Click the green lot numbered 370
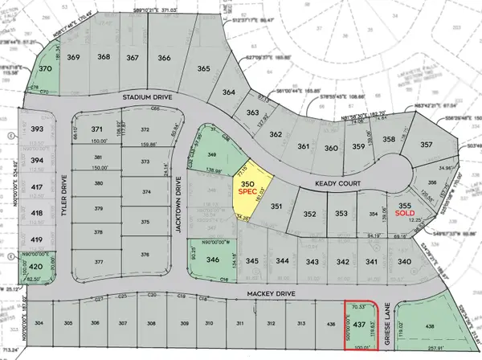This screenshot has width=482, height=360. coord(46,70)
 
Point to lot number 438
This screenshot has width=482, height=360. coord(429,325)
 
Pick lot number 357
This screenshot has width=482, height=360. coord(426,145)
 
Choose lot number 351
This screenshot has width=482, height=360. coord(276,207)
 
